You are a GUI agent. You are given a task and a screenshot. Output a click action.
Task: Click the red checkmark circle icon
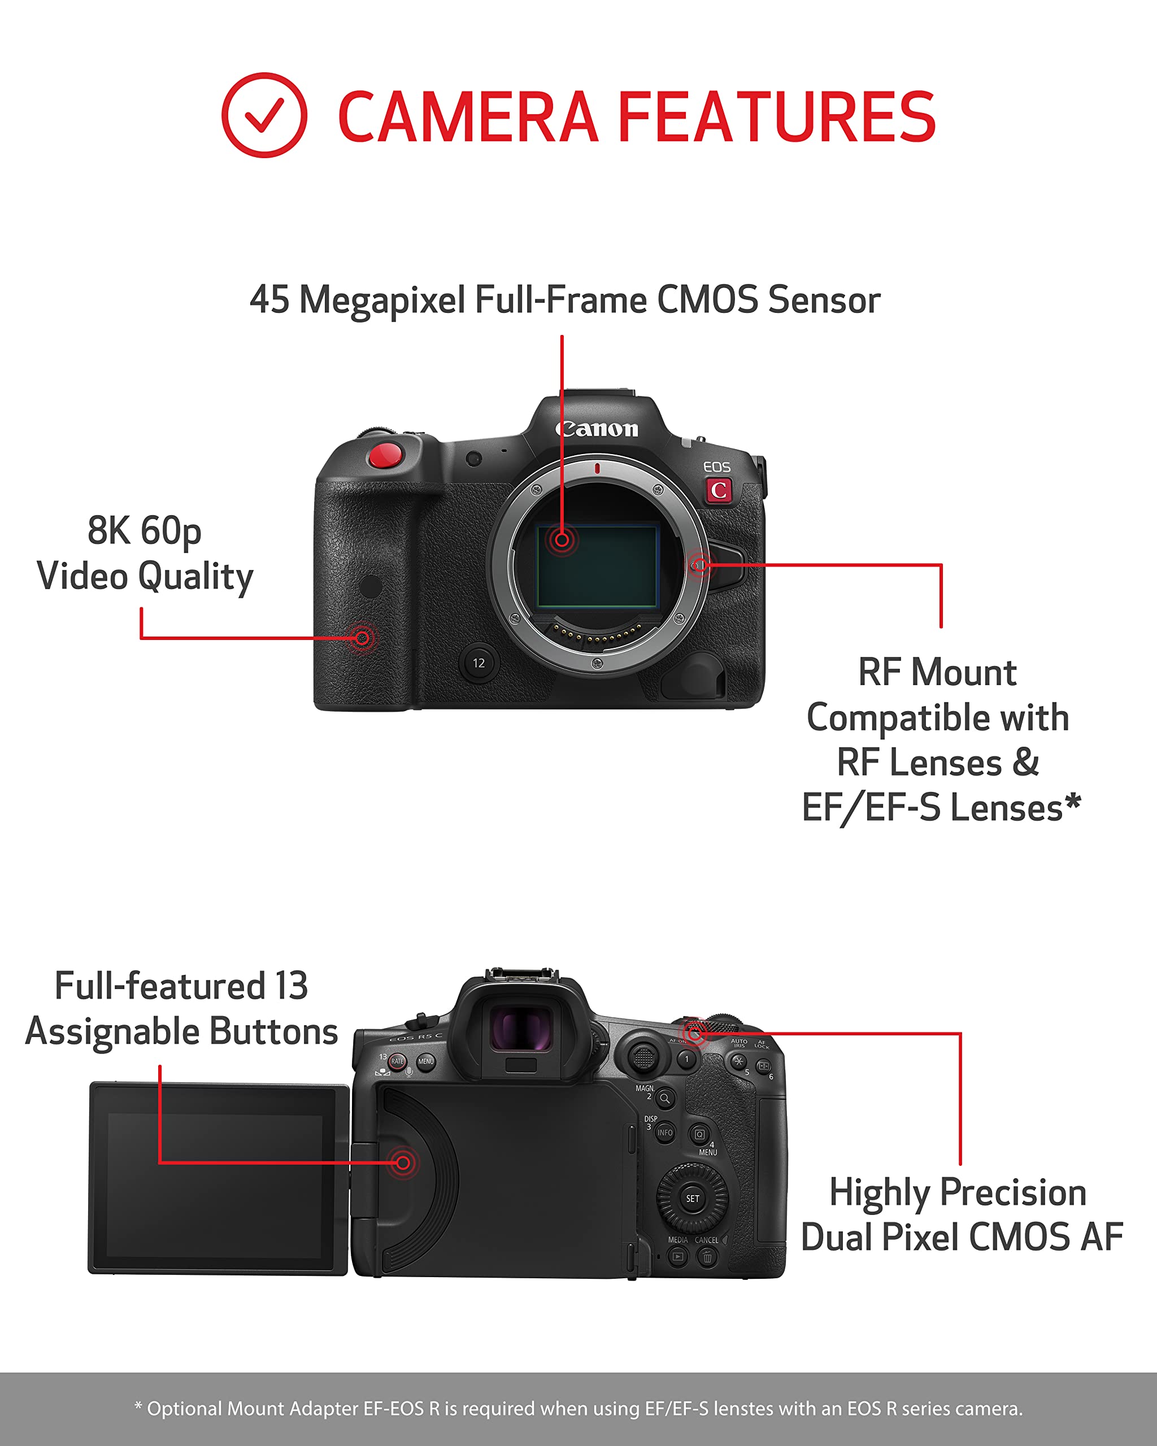pyautogui.click(x=264, y=115)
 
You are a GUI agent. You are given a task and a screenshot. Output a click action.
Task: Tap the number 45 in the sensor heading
pyautogui.click(x=269, y=300)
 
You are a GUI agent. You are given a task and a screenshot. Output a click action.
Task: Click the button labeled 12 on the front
pyautogui.click(x=479, y=663)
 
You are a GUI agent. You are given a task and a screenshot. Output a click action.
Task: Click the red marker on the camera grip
pyautogui.click(x=362, y=637)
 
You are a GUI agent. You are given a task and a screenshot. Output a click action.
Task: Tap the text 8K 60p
pyautogui.click(x=144, y=530)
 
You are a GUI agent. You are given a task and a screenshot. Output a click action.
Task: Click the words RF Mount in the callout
pyautogui.click(x=937, y=672)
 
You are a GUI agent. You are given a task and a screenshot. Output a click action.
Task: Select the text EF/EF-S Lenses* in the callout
pyautogui.click(x=941, y=808)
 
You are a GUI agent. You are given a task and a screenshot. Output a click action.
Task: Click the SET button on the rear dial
pyautogui.click(x=692, y=1199)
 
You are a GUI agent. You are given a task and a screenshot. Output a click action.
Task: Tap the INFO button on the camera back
pyautogui.click(x=665, y=1133)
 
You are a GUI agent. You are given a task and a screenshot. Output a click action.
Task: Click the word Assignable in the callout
pyautogui.click(x=107, y=1031)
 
